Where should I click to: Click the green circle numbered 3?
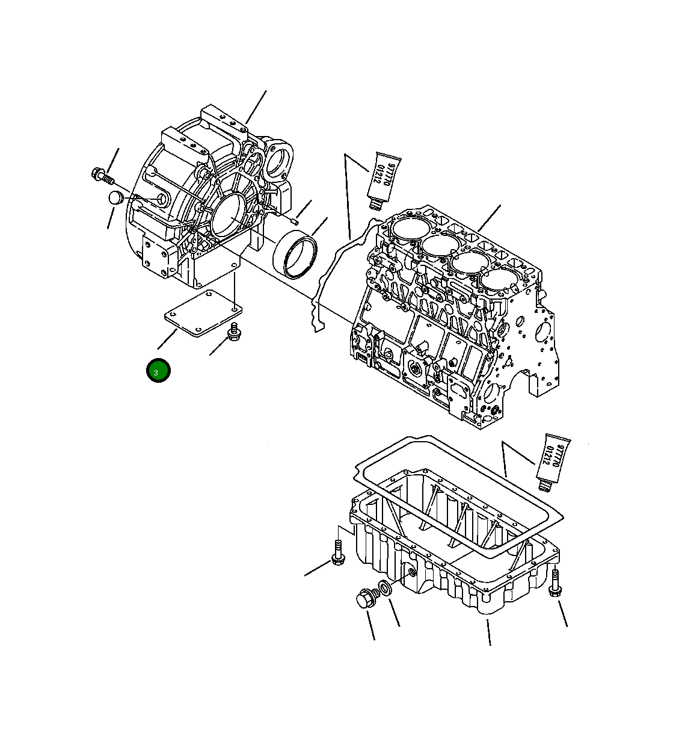[158, 371]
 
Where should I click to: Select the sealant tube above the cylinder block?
[383, 177]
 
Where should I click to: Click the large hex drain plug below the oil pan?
[364, 599]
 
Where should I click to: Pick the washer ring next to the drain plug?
[384, 588]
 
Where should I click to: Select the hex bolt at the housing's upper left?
[101, 176]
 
